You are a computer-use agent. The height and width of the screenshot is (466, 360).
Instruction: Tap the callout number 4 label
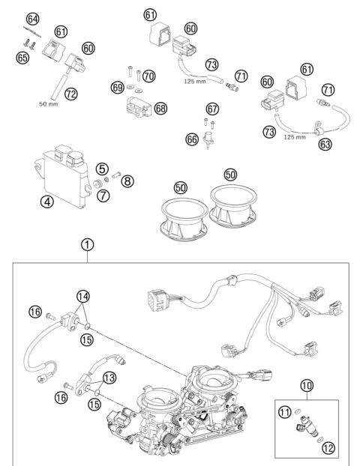46,202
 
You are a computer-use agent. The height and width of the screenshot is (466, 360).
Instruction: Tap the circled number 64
32,17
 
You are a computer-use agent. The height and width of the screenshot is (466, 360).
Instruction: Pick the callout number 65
23,56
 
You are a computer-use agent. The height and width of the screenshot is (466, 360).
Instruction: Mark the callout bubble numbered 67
212,108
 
